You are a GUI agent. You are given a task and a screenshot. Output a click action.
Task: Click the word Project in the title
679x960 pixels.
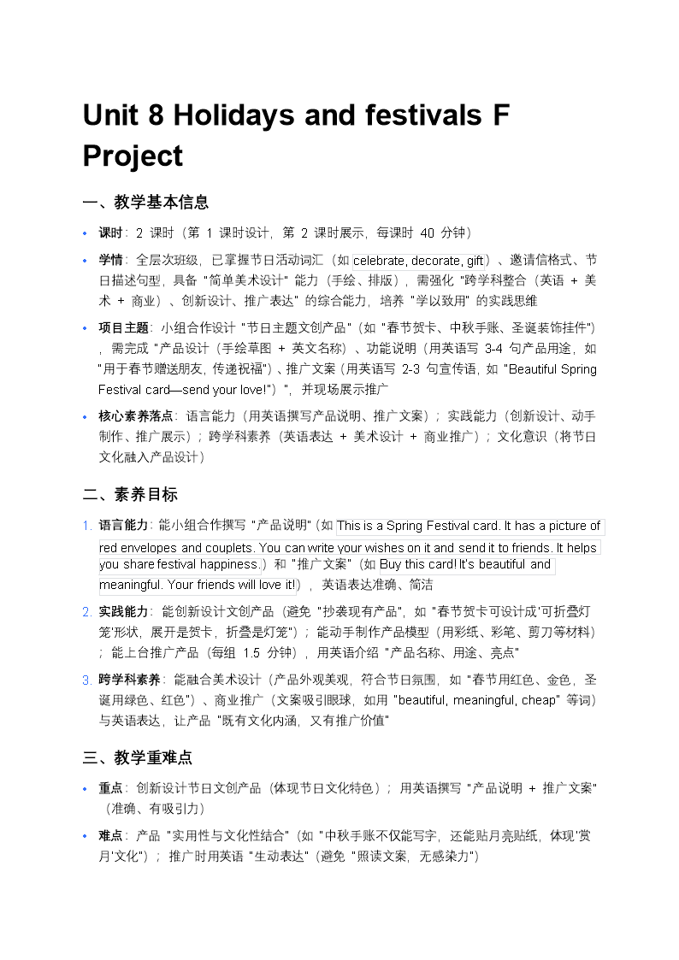(x=133, y=156)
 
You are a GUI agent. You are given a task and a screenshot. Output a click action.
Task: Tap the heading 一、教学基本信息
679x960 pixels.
(x=145, y=203)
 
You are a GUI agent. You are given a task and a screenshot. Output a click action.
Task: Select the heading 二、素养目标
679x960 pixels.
(x=130, y=495)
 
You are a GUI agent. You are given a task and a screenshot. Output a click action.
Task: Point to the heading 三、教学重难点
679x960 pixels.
(x=138, y=757)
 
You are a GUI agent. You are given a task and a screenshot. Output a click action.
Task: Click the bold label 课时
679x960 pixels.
(x=111, y=233)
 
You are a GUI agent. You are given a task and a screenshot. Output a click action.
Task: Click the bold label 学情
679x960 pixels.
(x=111, y=260)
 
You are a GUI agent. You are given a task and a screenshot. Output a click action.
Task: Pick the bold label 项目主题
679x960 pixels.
(x=124, y=328)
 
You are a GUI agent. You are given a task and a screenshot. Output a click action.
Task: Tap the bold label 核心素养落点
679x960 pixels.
(x=136, y=416)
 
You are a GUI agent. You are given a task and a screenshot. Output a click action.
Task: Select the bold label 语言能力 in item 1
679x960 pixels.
(x=124, y=526)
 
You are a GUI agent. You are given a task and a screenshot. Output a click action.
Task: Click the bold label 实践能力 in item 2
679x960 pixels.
(x=124, y=612)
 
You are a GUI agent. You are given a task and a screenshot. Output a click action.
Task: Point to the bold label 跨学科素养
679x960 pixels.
(x=129, y=680)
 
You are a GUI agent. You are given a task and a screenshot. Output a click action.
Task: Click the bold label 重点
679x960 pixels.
(x=111, y=788)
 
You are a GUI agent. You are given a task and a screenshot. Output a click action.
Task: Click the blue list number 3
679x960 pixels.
(x=86, y=680)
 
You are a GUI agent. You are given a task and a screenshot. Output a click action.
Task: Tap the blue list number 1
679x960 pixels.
(x=86, y=526)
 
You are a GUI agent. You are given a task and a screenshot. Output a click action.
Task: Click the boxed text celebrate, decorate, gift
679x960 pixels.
(x=419, y=261)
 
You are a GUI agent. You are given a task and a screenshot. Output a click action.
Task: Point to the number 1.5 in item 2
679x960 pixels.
(x=251, y=653)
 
